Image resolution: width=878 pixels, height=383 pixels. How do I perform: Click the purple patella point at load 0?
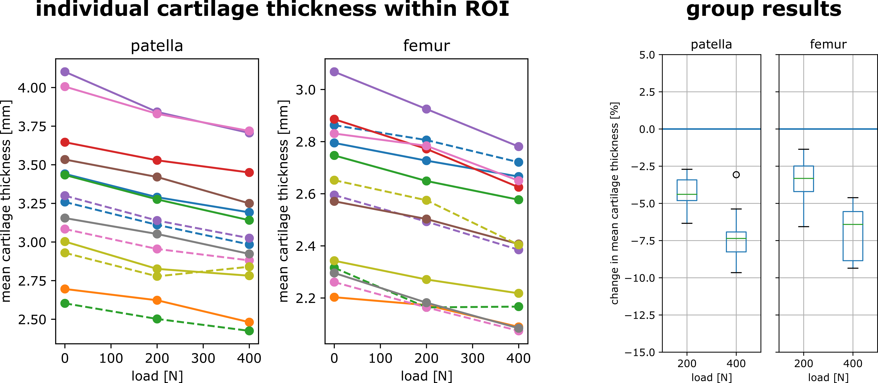65,72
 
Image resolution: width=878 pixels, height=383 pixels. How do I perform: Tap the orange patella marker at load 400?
249,322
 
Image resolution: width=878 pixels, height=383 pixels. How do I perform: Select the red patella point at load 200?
157,160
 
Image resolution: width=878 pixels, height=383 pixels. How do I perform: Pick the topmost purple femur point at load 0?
334,72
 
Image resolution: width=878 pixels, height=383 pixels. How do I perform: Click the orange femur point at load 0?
334,297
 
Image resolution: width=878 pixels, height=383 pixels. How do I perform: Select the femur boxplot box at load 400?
853,236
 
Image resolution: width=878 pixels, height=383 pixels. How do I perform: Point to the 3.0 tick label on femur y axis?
305,90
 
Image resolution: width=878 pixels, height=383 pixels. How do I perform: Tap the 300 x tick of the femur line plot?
472,358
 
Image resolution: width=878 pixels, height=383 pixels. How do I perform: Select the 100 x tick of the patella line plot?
111,358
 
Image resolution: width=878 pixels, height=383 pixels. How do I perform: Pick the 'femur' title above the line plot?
426,45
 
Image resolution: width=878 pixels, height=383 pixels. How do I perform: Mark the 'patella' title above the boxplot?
711,44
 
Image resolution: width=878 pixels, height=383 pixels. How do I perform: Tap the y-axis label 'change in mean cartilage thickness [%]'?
614,203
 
